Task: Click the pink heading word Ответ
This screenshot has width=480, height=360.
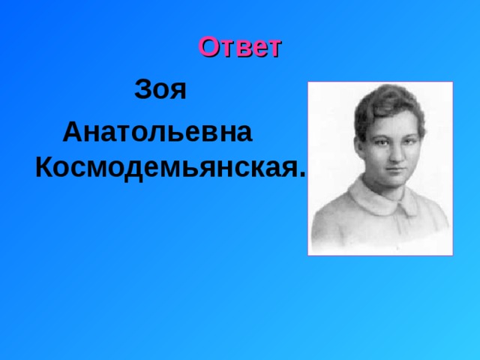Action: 240,47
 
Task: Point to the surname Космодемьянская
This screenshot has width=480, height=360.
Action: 167,169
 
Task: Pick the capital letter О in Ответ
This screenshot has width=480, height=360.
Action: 208,47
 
